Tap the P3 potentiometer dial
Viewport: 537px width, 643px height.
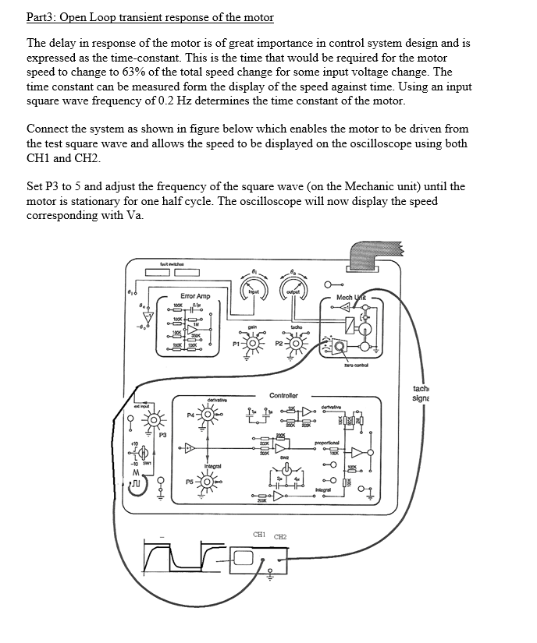click(155, 422)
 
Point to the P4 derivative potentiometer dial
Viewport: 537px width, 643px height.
click(207, 415)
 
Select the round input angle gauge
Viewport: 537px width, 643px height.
click(255, 288)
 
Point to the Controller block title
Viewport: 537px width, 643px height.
click(283, 396)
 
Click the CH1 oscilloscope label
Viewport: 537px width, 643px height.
click(261, 535)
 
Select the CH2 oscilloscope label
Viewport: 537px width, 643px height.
click(281, 537)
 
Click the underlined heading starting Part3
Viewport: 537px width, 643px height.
click(150, 17)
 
